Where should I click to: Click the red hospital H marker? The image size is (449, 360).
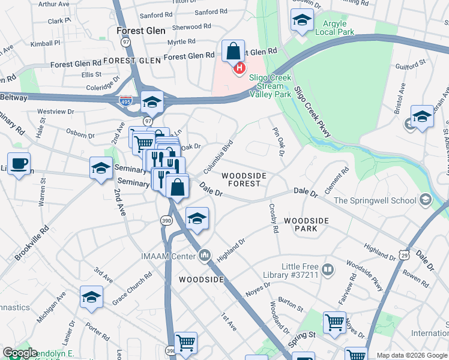[240, 68]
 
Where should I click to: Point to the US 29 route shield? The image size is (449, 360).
[405, 256]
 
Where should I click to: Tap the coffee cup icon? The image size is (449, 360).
[19, 163]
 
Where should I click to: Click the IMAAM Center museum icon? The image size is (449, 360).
[205, 256]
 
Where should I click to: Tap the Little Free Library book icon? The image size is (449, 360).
[327, 269]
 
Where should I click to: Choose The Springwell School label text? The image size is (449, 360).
[375, 200]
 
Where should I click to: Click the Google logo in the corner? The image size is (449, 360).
[20, 353]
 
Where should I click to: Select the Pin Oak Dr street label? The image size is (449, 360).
[277, 142]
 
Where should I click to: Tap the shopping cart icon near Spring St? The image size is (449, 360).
[334, 322]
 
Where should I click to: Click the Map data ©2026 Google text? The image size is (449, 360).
[412, 355]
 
